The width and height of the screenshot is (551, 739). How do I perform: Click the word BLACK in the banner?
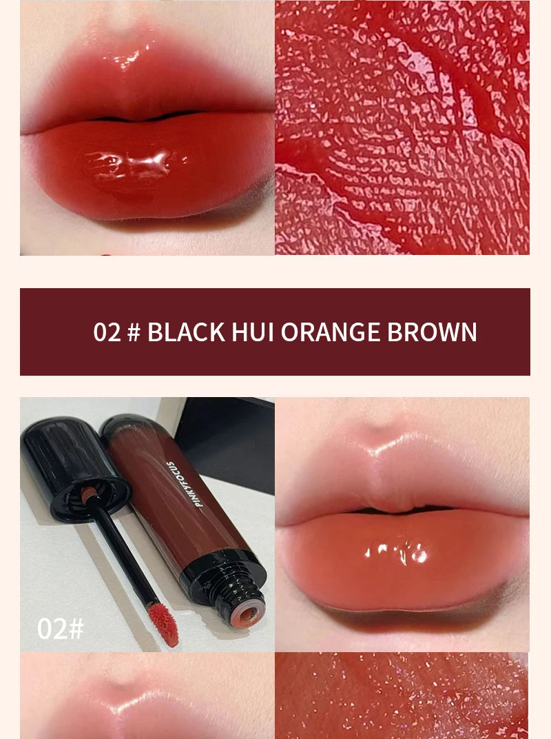coord(186,332)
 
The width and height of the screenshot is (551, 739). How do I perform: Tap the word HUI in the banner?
coord(253,332)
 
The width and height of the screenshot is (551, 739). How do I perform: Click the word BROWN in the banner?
coord(432,332)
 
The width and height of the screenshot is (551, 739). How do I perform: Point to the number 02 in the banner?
coord(107,332)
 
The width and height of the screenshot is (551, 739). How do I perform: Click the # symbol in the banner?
coord(134,332)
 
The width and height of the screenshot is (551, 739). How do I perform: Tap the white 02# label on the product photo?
coord(60,628)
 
